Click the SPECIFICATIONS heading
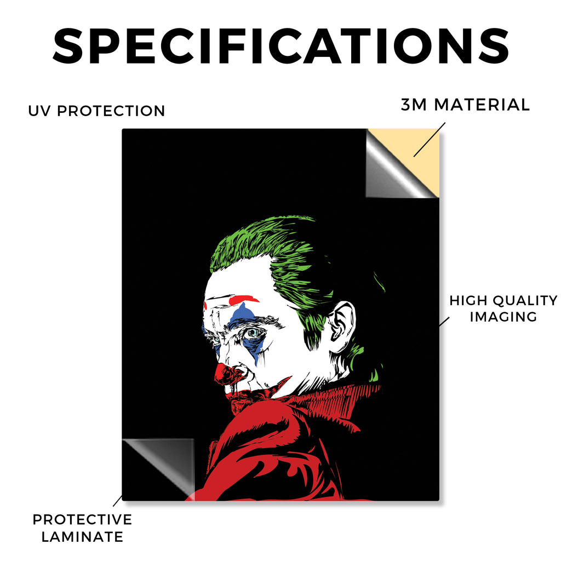click(x=280, y=46)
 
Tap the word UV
click(x=39, y=111)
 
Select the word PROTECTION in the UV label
click(x=111, y=111)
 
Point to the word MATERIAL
click(x=482, y=105)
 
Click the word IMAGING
click(x=503, y=317)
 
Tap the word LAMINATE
click(x=82, y=537)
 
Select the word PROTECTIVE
click(x=82, y=519)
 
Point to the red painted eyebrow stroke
click(x=243, y=299)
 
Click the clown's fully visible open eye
click(x=253, y=333)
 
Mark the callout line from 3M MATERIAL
click(x=430, y=140)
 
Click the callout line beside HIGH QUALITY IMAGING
click(x=444, y=322)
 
